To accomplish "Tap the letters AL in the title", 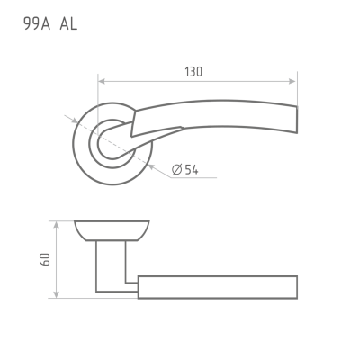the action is pos(68,23).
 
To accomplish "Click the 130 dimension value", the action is pos(193,72).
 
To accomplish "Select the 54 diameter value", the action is pos(192,170).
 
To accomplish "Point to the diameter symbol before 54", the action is pos(177,170).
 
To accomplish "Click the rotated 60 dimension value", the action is pos(45,259).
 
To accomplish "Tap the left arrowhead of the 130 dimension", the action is pos(102,81).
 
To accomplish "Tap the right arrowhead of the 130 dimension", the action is pos(292,81).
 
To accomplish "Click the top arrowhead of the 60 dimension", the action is pos(56,225).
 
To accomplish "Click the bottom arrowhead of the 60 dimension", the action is pos(56,294).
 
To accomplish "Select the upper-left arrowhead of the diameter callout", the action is pos(75,121).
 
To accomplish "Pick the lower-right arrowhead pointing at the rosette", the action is pos(151,166).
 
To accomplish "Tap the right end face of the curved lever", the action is pos(297,120).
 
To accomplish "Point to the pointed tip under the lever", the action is pos(183,129).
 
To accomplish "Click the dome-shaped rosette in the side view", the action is pos(112,230).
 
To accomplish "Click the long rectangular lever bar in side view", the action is pos(218,287).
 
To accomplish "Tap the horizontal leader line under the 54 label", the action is pos(193,178).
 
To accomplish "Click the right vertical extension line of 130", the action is pos(297,89).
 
